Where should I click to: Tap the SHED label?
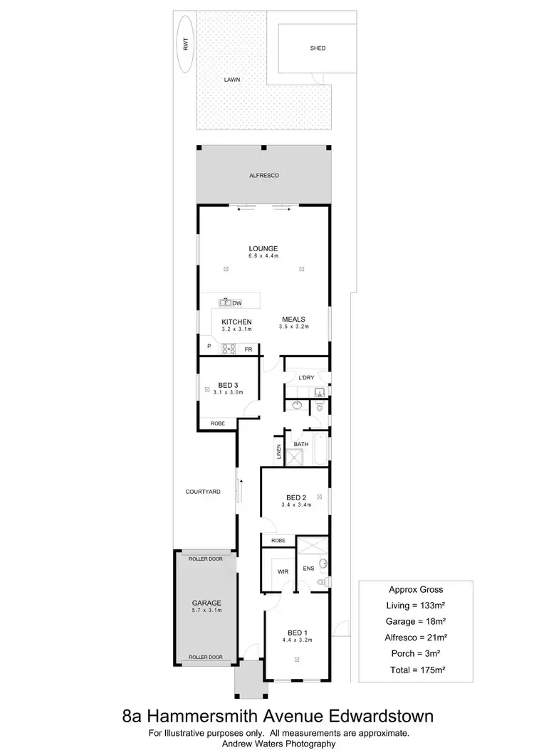click(x=318, y=48)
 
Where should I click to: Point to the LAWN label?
click(x=232, y=80)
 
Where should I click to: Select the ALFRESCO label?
click(x=263, y=175)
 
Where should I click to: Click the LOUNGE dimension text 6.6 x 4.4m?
click(x=263, y=255)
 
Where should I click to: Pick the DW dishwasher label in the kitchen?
click(x=236, y=303)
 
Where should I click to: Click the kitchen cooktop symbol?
click(x=229, y=349)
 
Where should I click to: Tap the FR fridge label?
click(x=248, y=350)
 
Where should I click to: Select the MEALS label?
click(x=293, y=320)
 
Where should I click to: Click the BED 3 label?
click(x=228, y=385)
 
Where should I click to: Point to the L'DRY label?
click(x=307, y=377)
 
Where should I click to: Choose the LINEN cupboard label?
click(x=278, y=451)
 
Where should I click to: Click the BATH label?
click(x=301, y=444)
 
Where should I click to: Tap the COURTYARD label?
click(x=203, y=492)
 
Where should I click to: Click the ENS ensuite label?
click(x=309, y=568)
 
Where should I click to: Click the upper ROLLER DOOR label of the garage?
click(x=206, y=559)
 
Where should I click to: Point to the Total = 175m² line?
click(x=416, y=669)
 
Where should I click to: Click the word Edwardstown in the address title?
click(x=372, y=714)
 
